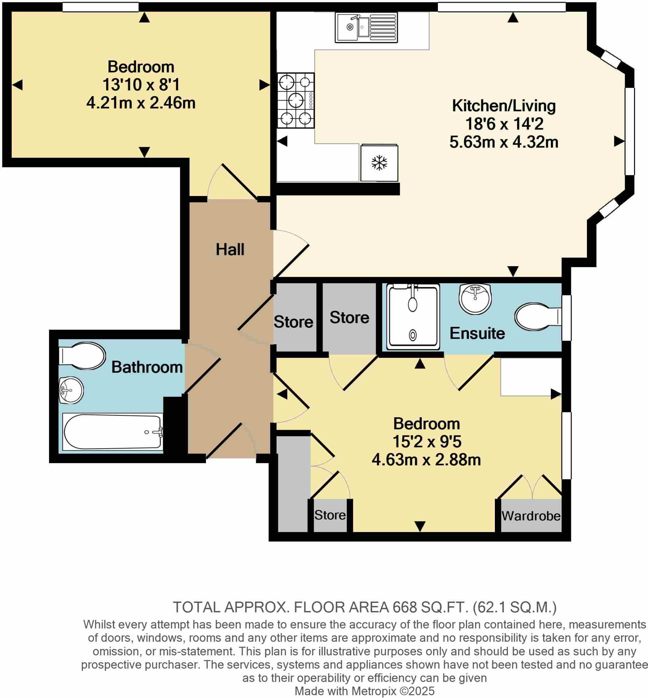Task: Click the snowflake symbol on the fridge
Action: pos(379,163)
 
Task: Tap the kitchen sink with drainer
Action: pos(366,27)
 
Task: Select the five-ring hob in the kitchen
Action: pos(296,101)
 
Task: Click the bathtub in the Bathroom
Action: pos(113,432)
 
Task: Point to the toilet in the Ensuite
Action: pos(537,317)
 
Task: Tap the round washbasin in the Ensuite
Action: pos(475,298)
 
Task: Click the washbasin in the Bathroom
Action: pos(71,390)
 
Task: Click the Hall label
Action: pos(230,250)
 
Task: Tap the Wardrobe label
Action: pos(531,516)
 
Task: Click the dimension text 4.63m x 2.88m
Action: pos(426,460)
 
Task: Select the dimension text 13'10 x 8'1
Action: pos(141,85)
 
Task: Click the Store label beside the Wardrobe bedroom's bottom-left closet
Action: pos(329,515)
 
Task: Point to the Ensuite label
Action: pos(477,333)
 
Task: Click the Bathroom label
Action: pos(147,367)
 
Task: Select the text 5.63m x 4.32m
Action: pos(503,142)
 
